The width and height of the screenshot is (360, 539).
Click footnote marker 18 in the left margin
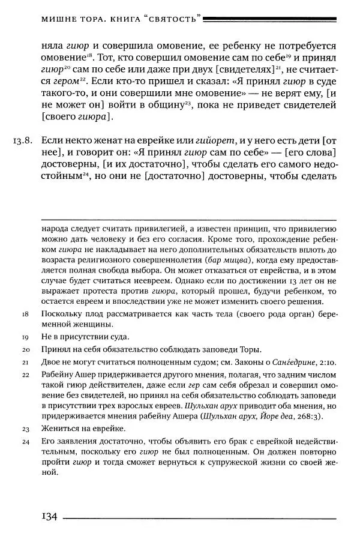25,313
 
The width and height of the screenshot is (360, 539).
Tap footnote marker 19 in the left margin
25,336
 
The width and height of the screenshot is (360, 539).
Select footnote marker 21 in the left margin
25,362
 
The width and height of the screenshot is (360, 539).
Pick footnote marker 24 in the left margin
25,441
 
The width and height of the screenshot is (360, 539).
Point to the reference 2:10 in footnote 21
311,362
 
